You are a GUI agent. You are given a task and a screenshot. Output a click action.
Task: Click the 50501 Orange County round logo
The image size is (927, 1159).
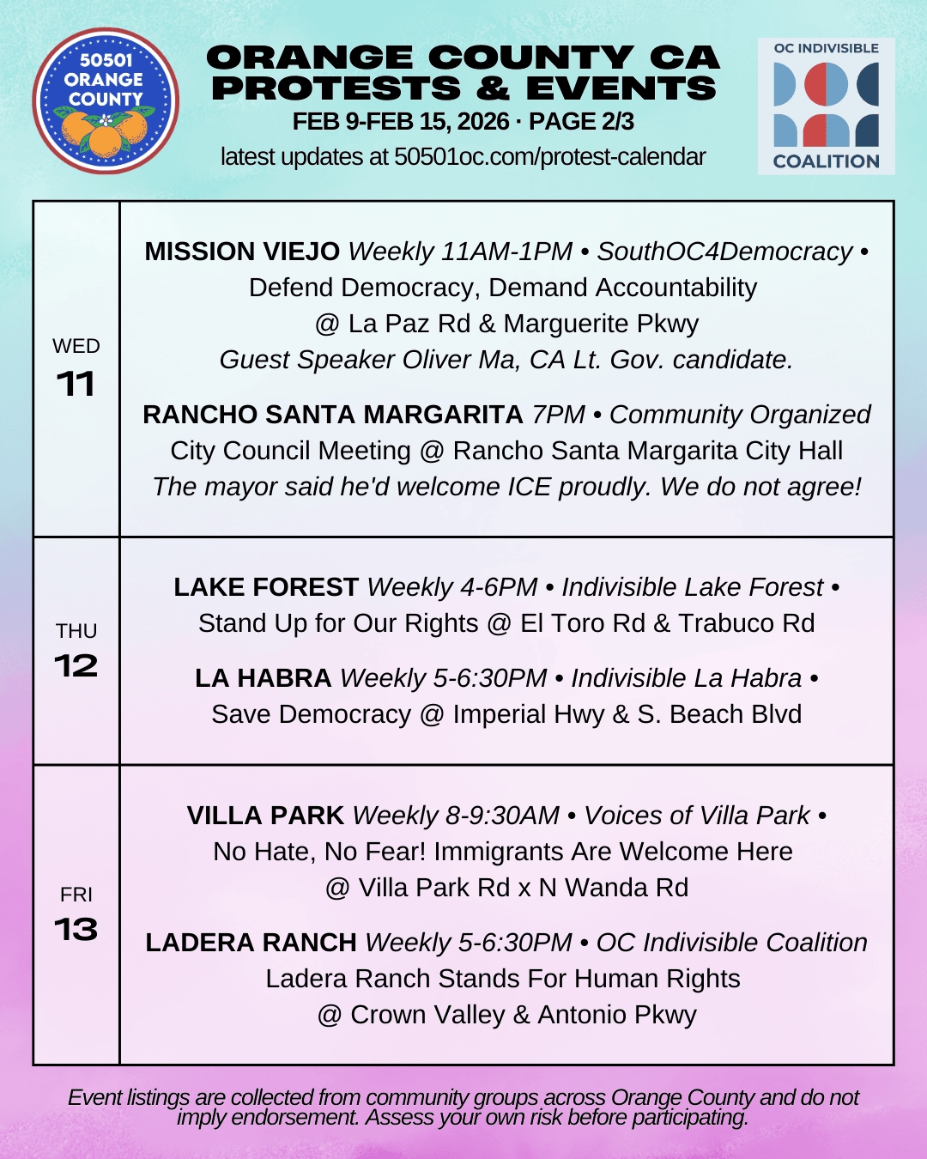point(106,100)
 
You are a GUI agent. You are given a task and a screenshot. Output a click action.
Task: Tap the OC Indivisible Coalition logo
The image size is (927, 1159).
point(826,106)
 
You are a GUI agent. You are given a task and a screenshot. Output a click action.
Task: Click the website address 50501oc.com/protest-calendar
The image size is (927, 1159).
point(549,157)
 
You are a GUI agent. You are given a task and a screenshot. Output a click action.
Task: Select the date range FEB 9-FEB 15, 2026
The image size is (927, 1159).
point(400,122)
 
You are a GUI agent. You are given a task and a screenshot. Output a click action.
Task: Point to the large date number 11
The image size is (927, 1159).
point(76,384)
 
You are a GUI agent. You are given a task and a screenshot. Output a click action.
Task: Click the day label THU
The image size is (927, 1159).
point(76,631)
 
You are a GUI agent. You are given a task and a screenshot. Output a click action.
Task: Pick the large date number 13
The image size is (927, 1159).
point(76,929)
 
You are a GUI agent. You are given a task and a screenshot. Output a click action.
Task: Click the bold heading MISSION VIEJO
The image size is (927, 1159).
point(242,252)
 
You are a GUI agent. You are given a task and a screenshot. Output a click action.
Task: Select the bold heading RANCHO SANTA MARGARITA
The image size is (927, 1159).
point(333,415)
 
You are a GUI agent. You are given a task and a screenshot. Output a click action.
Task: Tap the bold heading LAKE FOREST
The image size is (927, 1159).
point(266,587)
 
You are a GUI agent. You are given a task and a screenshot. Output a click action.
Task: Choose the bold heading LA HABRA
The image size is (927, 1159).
point(263,678)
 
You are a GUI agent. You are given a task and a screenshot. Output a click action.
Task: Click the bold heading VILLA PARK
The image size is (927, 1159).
point(265,816)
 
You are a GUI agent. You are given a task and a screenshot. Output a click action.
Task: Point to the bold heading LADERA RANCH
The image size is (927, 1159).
point(251,943)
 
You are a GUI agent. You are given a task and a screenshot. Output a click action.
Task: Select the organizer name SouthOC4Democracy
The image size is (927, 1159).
point(724,252)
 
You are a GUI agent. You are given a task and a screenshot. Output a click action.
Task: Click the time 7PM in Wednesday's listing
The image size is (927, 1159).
point(558,415)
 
